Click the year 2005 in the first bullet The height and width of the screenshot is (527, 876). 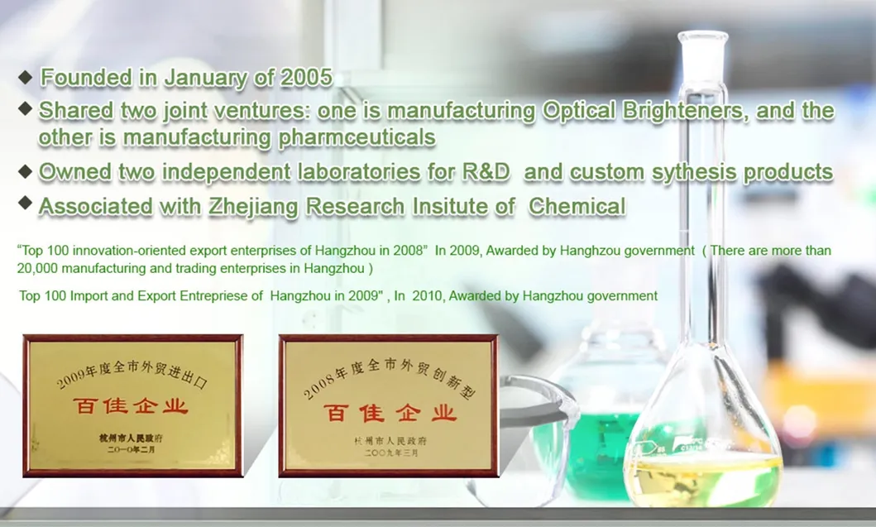tap(306, 78)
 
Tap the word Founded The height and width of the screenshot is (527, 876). tap(87, 78)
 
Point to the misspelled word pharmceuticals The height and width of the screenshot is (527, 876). tap(357, 137)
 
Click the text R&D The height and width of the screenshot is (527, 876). tap(486, 172)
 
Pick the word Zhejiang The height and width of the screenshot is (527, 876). tap(254, 207)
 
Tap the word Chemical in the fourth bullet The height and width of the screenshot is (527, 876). tap(577, 206)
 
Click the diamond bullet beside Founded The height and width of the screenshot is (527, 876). tap(25, 77)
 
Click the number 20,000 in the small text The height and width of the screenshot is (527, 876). tap(37, 268)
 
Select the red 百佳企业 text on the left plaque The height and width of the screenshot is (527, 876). tap(131, 406)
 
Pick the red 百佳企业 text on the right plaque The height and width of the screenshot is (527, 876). tap(390, 413)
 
